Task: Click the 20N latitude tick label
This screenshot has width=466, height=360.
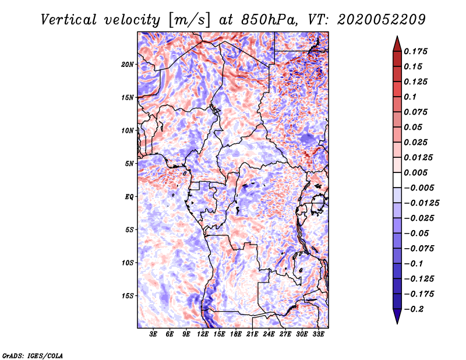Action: click(x=127, y=65)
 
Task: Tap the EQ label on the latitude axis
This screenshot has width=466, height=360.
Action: click(x=129, y=197)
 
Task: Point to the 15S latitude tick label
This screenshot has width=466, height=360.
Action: click(x=127, y=296)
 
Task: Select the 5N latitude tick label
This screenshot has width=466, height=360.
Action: click(x=129, y=164)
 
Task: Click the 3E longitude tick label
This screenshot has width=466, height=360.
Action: click(x=153, y=334)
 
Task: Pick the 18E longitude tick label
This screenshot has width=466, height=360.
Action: click(x=236, y=334)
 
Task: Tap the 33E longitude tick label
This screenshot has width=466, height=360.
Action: click(x=318, y=334)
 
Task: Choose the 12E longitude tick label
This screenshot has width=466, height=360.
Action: click(x=203, y=334)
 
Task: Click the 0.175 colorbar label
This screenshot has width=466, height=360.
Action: click(x=415, y=51)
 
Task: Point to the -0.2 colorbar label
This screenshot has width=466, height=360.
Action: click(x=414, y=309)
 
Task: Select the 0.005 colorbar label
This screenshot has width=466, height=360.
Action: click(x=415, y=172)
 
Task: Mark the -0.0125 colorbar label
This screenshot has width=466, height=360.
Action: click(x=421, y=203)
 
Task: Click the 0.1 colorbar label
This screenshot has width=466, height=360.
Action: click(x=410, y=97)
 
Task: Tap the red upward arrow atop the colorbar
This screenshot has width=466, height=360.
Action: click(x=397, y=44)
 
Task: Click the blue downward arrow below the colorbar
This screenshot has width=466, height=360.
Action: click(x=397, y=316)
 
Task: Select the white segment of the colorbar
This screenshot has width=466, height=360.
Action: click(x=397, y=180)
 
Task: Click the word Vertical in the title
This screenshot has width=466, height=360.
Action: click(x=68, y=20)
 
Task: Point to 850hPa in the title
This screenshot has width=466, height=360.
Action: click(x=269, y=20)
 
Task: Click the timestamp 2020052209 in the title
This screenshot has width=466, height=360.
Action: click(x=382, y=20)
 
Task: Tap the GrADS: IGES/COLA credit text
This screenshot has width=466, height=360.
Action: click(x=33, y=356)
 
